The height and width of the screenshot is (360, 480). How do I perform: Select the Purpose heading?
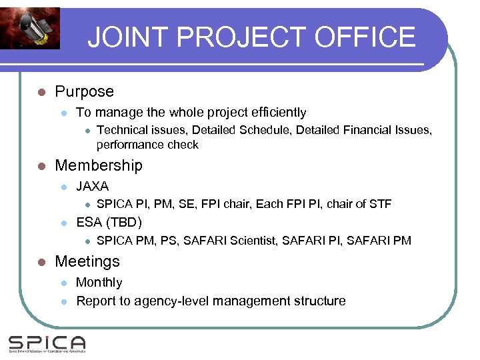point(84,92)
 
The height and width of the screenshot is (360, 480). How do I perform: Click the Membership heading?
point(99,165)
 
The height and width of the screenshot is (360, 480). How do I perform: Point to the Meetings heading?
point(87,261)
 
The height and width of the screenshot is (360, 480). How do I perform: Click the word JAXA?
point(93,186)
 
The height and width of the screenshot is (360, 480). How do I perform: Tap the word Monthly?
point(99,283)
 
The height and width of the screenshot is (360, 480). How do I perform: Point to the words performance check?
point(147,145)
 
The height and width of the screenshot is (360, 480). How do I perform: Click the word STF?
point(379,204)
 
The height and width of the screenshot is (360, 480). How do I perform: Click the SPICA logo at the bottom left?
point(47,343)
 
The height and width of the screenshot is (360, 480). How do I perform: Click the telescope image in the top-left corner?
point(29,28)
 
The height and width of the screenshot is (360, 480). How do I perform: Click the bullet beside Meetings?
point(41,262)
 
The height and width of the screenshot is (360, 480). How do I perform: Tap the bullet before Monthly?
point(63,283)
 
